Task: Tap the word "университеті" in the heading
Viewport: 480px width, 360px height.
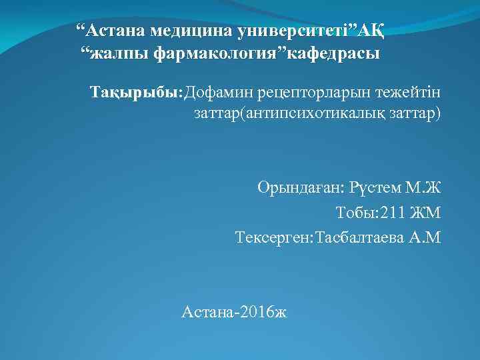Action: click(298, 31)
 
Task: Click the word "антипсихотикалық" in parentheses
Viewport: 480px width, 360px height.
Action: click(318, 113)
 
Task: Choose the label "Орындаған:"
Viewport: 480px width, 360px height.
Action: click(300, 187)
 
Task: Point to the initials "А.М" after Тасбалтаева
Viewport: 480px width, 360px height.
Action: click(425, 237)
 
